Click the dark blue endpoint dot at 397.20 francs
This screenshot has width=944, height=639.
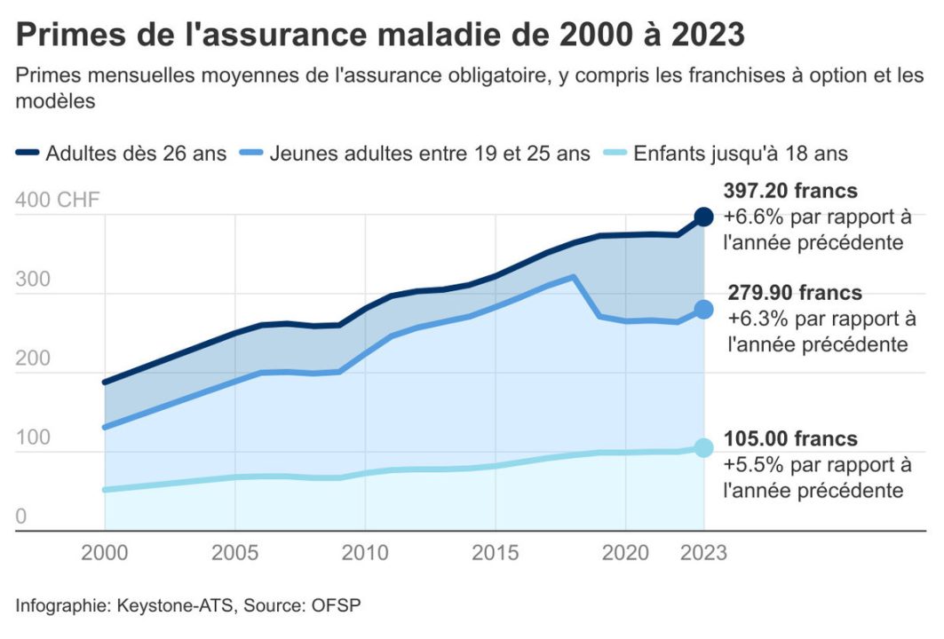(x=703, y=216)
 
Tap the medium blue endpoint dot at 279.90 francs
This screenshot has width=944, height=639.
(x=703, y=309)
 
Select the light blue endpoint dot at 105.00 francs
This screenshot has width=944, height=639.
(x=703, y=447)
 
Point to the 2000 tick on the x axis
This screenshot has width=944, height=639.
(x=105, y=553)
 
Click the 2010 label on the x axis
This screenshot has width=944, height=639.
(x=365, y=553)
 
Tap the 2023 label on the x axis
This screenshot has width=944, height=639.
(x=703, y=553)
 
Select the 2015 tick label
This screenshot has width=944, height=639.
(x=496, y=553)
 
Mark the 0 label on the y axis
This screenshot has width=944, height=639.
(x=21, y=517)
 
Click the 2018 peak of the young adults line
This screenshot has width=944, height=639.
(x=574, y=277)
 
